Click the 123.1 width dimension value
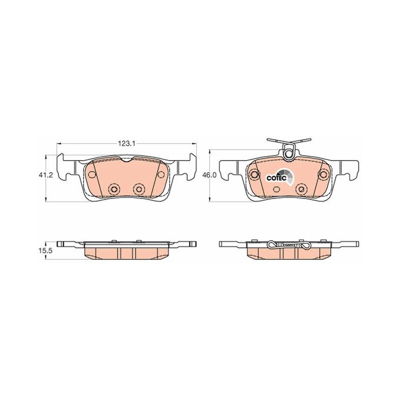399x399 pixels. coord(127,144)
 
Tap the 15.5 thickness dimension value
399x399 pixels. coord(45,250)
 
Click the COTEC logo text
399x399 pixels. coord(276,178)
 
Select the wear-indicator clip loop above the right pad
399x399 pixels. coord(289,152)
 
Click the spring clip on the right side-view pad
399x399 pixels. coord(289,245)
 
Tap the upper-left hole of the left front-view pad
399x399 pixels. coord(92,174)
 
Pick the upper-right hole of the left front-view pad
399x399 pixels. coord(161,174)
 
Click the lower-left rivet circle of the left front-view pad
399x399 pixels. coord(114,189)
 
